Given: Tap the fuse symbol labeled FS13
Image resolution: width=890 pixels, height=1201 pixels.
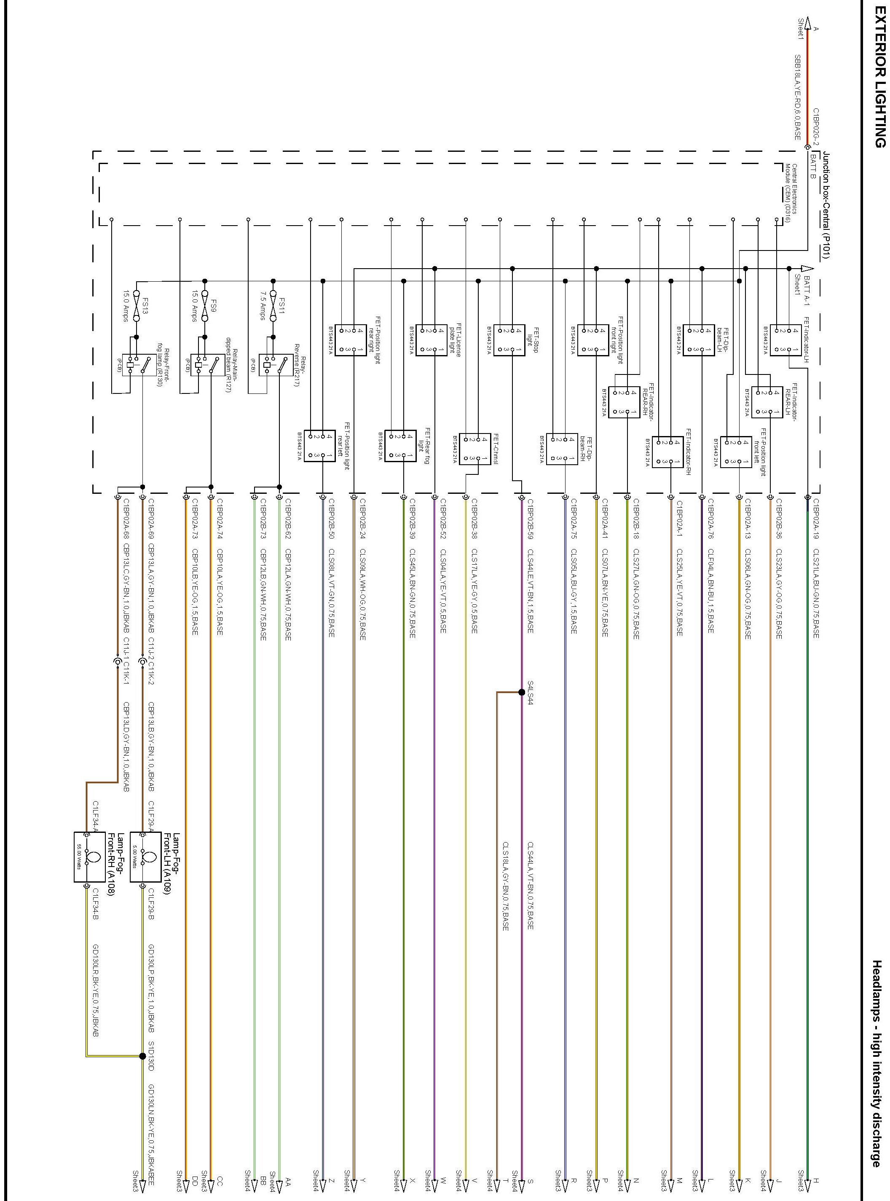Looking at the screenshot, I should coord(136,306).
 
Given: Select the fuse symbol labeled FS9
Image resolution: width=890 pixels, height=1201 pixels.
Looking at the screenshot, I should coord(205,306).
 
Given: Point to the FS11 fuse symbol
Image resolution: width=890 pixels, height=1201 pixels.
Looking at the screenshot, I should coord(273,306).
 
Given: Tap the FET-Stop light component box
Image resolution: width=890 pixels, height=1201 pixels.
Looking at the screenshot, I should coord(509,340).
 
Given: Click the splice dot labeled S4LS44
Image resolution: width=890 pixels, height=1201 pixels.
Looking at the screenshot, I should coord(522,692).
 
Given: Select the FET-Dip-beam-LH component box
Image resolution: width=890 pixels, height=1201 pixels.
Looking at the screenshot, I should coord(698,340).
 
